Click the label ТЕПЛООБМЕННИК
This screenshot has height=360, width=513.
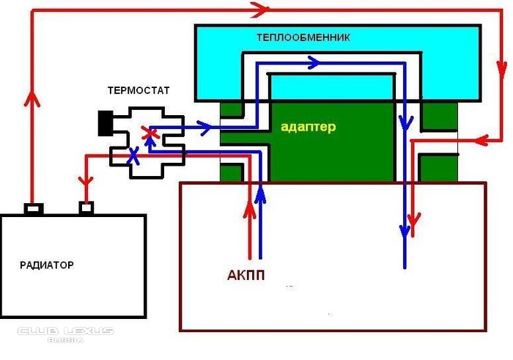(x=303, y=37)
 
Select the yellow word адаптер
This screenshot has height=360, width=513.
(x=308, y=127)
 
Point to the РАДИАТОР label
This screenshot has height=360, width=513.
(x=47, y=265)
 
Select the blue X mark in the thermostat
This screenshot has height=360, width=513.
(x=133, y=155)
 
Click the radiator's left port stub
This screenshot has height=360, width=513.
(x=32, y=209)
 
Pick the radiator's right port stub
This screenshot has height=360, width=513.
(x=86, y=209)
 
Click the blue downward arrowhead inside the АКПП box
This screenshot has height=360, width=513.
(x=405, y=232)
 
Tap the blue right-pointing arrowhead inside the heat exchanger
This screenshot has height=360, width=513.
(x=313, y=63)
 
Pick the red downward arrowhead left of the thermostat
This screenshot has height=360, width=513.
(x=86, y=180)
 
